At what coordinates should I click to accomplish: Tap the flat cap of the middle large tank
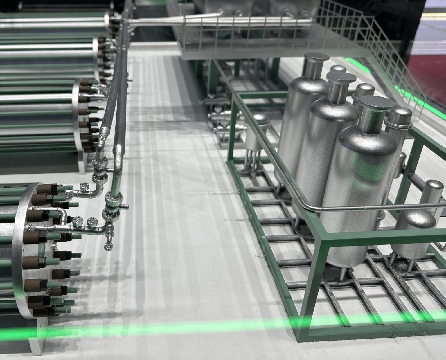[x=341, y=77]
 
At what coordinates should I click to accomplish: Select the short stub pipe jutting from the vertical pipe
[x=124, y=207]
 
